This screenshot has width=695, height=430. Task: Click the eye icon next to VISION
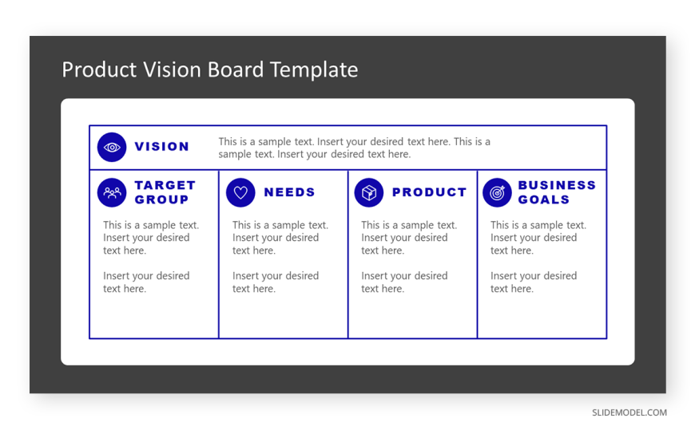112,147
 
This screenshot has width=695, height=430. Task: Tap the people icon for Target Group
112,192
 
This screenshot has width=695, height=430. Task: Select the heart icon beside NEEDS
240,192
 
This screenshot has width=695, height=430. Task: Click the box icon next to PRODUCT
369,192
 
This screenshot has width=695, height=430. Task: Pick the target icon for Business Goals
498,192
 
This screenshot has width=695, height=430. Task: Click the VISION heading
162,147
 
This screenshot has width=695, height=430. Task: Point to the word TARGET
165,185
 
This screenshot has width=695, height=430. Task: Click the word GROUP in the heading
161,199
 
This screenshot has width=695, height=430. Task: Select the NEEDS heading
289,192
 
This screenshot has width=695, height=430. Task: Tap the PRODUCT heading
429,192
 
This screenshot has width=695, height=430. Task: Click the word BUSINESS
557,185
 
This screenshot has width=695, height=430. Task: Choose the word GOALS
543,199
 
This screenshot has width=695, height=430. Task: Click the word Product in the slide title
99,69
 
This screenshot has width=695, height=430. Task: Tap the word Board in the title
236,69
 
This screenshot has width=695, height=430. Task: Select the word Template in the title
314,70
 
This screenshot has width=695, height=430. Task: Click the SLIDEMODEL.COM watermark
629,412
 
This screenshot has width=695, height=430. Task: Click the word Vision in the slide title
172,69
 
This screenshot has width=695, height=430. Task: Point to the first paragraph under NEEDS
280,238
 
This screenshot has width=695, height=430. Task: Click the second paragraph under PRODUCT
404,282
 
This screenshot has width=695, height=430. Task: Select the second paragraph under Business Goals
534,282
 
